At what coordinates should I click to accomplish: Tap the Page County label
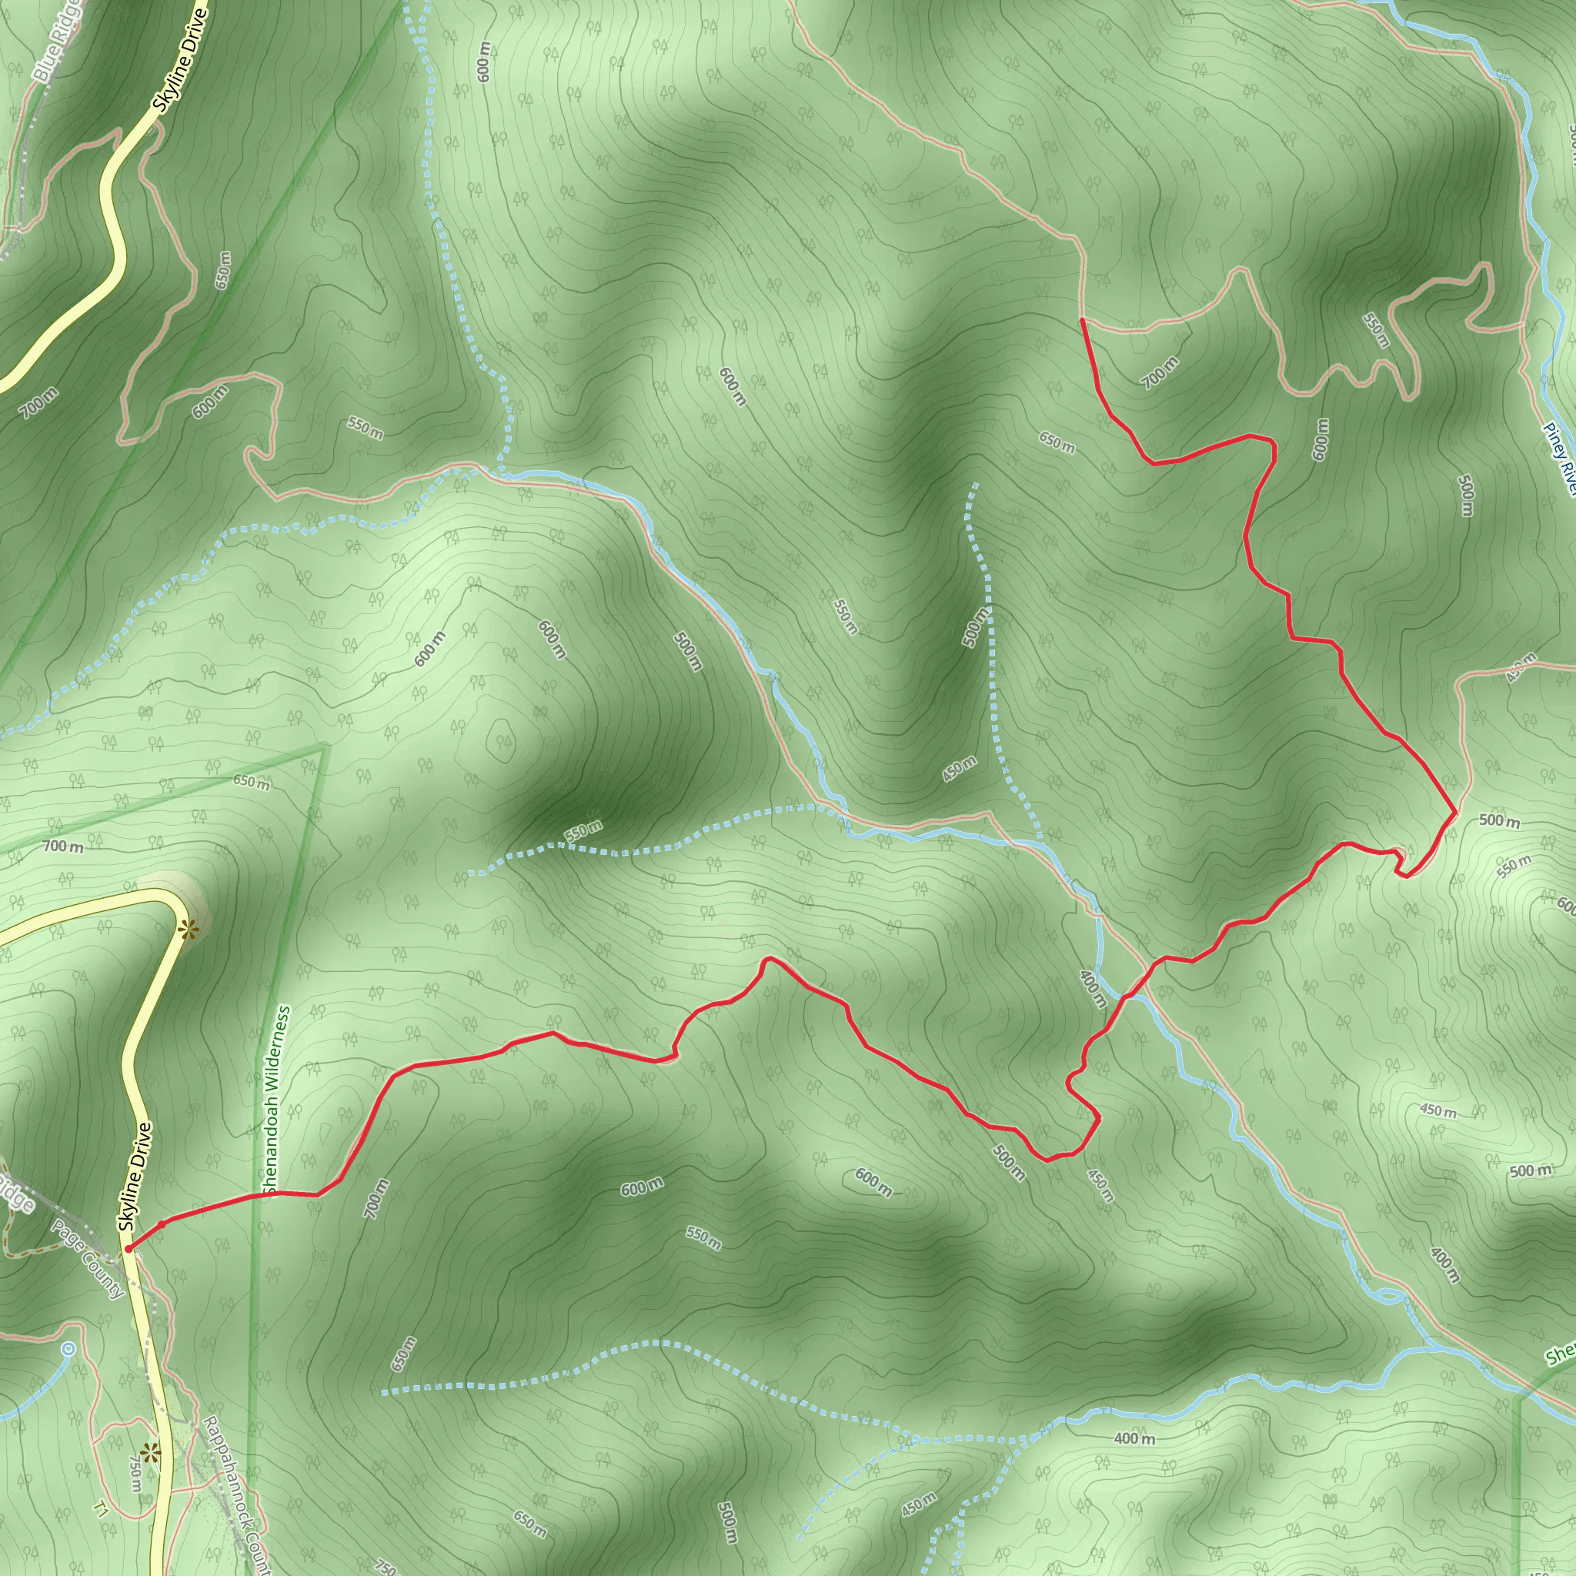pos(88,1260)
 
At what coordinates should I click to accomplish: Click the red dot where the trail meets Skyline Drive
pos(129,1249)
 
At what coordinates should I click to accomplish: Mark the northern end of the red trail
pos(1082,320)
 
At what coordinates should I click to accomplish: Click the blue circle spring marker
pos(68,1349)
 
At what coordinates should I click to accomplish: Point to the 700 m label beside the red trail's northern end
pos(1159,372)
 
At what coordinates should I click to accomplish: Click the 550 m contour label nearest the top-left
pos(365,427)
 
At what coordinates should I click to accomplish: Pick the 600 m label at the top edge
pos(484,62)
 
